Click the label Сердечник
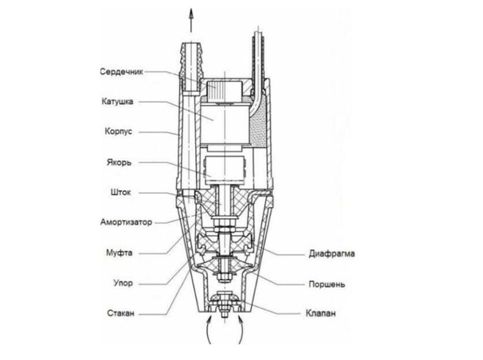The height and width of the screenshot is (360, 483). [x=122, y=72]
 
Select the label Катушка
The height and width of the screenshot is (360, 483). [x=117, y=102]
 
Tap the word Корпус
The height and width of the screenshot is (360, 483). [x=118, y=132]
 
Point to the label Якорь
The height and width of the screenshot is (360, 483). [x=119, y=162]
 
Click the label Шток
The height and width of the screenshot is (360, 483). [x=121, y=193]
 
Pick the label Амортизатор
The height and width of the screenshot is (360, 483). [x=126, y=222]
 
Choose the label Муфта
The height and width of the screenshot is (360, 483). [x=119, y=253]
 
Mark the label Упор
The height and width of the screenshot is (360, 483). [x=123, y=283]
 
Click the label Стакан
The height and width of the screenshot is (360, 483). [x=121, y=314]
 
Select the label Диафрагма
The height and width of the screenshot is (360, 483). [x=332, y=254]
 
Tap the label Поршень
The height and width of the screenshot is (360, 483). [x=327, y=284]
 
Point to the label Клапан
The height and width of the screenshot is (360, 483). [x=320, y=314]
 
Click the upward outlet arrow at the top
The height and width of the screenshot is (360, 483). [x=191, y=20]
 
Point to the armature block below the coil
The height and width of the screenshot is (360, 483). [x=225, y=171]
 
